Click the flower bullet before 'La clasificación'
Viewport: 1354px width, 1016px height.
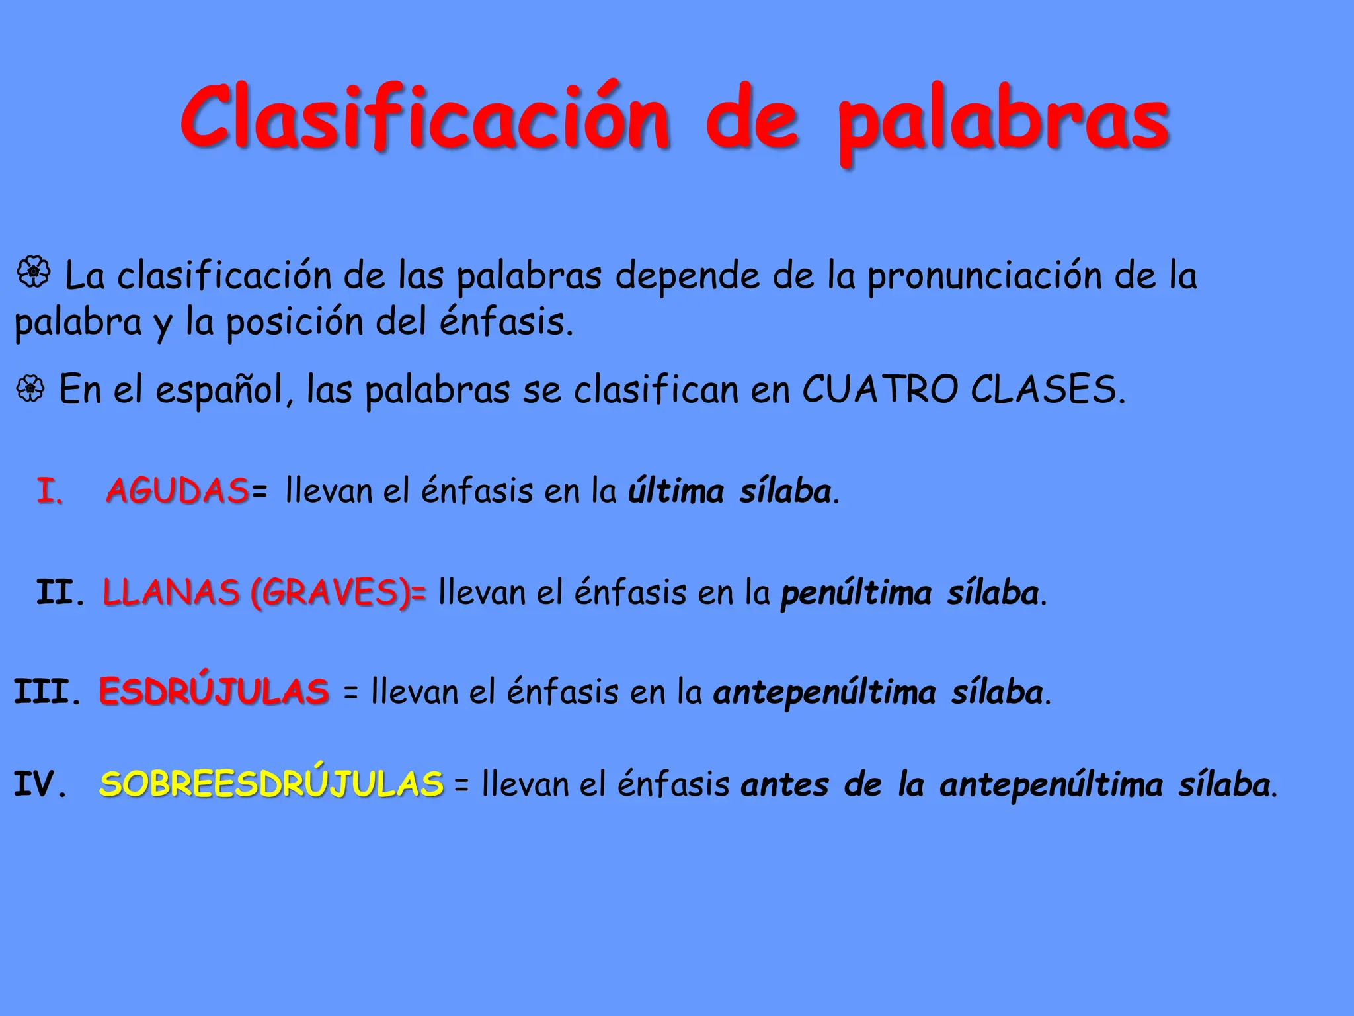(33, 273)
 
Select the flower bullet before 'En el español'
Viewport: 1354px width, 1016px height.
(30, 389)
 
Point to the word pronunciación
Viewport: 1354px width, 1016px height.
(984, 276)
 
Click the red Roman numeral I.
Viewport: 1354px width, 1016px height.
(50, 491)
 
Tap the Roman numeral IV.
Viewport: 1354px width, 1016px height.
(40, 784)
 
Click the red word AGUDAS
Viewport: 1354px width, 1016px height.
(177, 491)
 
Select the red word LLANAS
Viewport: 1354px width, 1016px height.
(171, 592)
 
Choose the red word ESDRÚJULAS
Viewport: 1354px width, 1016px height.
(214, 691)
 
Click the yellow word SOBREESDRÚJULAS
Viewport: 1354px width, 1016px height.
(271, 784)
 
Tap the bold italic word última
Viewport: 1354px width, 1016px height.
(676, 491)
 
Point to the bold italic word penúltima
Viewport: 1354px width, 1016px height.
(856, 593)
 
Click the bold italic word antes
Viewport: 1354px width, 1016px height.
(785, 785)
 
